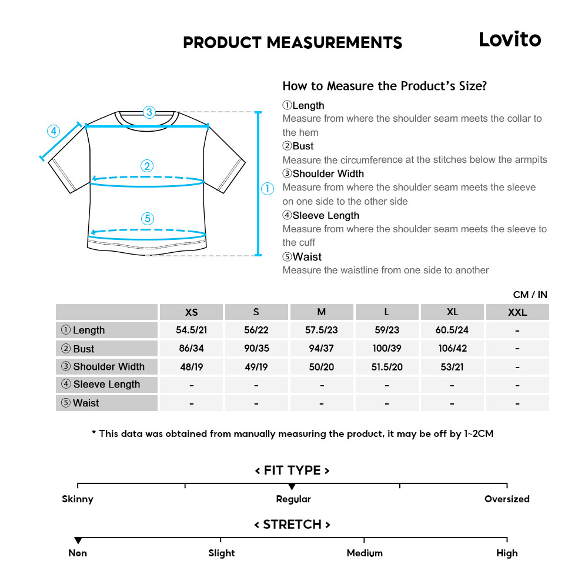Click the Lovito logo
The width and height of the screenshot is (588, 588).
click(509, 39)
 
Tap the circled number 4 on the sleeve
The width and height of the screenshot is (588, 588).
click(54, 131)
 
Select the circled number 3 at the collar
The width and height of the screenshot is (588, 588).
click(149, 112)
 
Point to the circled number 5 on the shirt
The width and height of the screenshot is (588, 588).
click(148, 219)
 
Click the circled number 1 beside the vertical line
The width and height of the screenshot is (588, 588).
click(268, 189)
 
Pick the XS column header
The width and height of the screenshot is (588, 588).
click(191, 312)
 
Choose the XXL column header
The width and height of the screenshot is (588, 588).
click(517, 312)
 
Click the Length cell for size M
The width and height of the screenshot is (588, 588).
click(322, 330)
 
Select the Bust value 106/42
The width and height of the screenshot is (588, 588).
click(452, 349)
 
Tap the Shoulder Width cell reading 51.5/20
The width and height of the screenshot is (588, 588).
click(386, 367)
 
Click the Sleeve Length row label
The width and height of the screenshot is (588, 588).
click(101, 385)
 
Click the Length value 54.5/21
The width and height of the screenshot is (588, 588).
click(191, 330)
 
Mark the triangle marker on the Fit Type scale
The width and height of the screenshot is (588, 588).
click(292, 487)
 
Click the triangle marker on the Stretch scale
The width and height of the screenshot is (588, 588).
click(78, 540)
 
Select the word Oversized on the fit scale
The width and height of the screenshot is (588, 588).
click(507, 499)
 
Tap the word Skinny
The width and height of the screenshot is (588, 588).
click(78, 499)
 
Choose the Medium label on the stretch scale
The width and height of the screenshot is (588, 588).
click(365, 553)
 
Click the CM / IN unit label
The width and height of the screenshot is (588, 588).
click(530, 295)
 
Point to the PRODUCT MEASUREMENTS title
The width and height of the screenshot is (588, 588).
click(293, 43)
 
